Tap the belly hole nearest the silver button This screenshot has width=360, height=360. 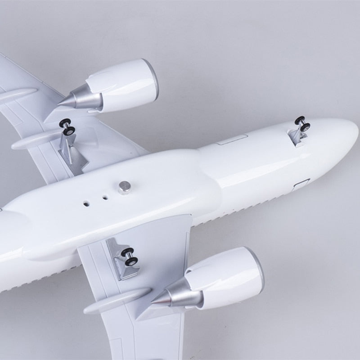coord(105,197)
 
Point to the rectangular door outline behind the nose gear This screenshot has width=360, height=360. coord(231,140)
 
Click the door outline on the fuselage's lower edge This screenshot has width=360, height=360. coord(301,184)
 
